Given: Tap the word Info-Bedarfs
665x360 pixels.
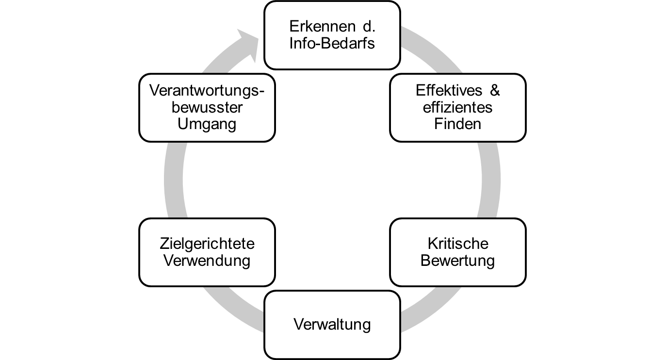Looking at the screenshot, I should [x=332, y=43].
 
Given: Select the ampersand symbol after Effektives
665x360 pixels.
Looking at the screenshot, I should [x=495, y=90].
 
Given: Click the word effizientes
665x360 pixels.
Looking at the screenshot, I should [x=457, y=107].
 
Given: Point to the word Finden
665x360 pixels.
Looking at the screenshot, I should [x=457, y=124].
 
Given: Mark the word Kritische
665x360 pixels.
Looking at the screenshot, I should [x=457, y=243].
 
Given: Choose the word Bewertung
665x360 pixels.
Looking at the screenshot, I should [x=457, y=261].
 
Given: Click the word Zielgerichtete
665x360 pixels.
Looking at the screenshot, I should [x=207, y=243].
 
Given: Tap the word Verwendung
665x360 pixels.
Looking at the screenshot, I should [x=207, y=261].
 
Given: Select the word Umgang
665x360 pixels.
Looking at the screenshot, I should [x=207, y=124].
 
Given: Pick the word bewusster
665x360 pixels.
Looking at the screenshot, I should [x=207, y=107].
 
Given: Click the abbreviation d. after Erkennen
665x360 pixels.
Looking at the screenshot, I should [x=368, y=26].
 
